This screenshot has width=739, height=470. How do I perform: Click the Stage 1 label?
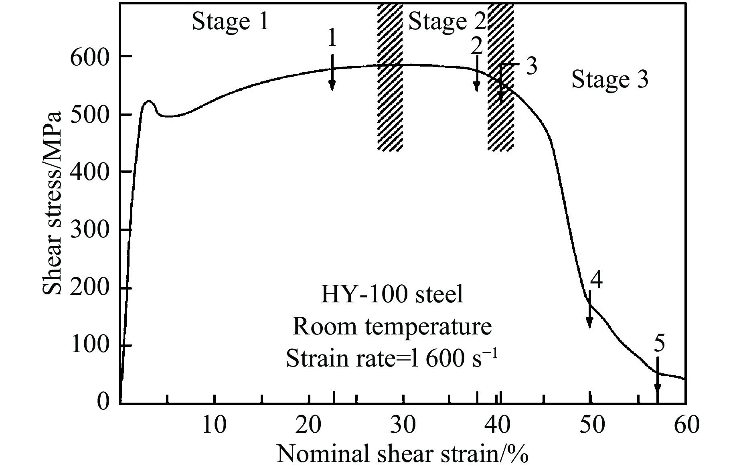230,22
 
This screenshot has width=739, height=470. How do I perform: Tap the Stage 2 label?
446,22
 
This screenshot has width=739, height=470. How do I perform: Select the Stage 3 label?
609,79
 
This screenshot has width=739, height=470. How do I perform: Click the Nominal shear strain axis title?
402,455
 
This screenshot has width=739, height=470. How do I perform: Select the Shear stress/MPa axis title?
52,203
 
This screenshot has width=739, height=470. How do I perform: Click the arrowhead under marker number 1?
332,85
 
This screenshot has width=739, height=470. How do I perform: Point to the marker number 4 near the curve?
597,280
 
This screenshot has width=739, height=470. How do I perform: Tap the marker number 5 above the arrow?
659,344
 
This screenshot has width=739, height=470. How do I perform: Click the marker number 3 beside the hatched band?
532,67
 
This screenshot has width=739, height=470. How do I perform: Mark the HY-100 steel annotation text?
392,295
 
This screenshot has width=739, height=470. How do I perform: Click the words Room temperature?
392,326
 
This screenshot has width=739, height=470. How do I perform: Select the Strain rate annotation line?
392,358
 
